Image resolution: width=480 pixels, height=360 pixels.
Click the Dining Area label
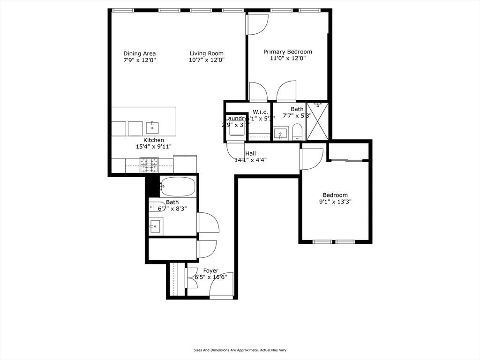click(139, 53)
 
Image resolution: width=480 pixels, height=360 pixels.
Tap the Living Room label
click(206, 53)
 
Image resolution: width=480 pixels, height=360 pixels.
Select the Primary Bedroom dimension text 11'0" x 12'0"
click(287, 59)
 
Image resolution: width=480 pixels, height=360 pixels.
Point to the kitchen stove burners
click(149, 164)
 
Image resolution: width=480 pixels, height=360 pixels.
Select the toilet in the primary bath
click(297, 132)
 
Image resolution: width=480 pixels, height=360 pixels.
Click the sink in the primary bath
click(281, 133)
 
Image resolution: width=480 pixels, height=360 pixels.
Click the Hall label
click(250, 153)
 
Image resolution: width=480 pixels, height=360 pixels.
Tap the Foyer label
click(210, 270)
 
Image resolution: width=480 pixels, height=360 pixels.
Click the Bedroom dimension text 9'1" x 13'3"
click(335, 202)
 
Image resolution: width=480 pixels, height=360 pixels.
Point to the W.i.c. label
click(260, 112)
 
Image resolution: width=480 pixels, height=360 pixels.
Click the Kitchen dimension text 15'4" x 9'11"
click(153, 147)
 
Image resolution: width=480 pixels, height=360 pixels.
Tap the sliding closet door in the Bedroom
click(347, 161)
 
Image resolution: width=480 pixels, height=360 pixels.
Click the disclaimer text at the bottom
click(240, 350)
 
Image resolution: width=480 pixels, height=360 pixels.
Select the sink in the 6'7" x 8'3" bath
click(155, 226)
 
